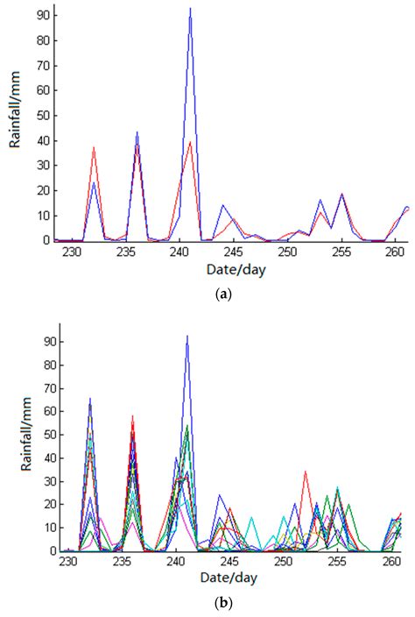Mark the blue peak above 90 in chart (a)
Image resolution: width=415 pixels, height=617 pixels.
pyautogui.click(x=190, y=9)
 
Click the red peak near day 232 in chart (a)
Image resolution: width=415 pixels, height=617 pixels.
pyautogui.click(x=94, y=147)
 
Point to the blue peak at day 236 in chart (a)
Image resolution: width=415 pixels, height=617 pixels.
pyautogui.click(x=137, y=132)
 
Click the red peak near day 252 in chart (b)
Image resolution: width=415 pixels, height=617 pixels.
pyautogui.click(x=306, y=472)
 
